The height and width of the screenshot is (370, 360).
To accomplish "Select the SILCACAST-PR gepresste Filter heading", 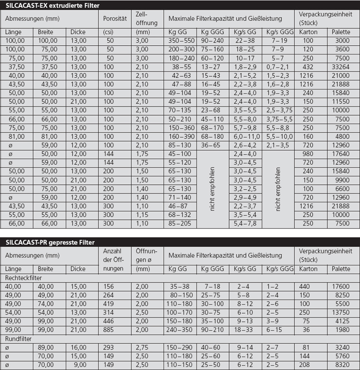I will point(51,242).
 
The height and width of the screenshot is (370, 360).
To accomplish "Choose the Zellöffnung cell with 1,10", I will point(142,224).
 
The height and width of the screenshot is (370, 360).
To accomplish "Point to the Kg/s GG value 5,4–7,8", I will point(246,224).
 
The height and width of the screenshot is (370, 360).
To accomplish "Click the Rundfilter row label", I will point(18,338).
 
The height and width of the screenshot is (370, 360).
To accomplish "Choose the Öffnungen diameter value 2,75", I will point(143,347).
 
